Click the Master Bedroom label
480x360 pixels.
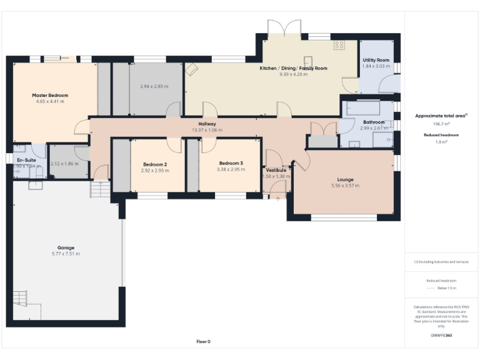pos(50,95)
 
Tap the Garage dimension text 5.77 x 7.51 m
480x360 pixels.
pos(66,254)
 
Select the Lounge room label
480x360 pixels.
pos(344,179)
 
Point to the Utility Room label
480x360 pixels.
pos(376,59)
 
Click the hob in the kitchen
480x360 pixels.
pos(339,45)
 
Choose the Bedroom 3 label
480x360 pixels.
pos(231,163)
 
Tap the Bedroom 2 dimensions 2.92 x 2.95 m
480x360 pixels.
pos(155,170)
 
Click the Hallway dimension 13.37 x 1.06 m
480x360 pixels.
pos(207,130)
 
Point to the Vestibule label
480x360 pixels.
pos(276,170)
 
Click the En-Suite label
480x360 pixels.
pos(26,160)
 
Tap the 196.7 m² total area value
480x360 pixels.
pos(441,124)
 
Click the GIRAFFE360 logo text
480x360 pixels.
pos(441,336)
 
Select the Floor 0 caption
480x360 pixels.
pos(203,342)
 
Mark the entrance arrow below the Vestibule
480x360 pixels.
pos(278,198)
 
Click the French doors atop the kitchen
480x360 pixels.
pos(284,28)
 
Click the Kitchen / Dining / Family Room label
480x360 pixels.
pos(293,68)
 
